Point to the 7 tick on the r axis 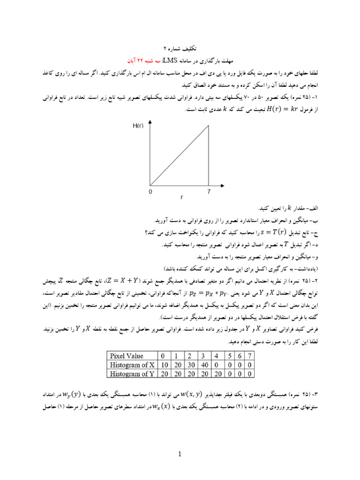pos(209,192)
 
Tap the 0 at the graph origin pos(150,192)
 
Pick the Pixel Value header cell pos(126,356)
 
